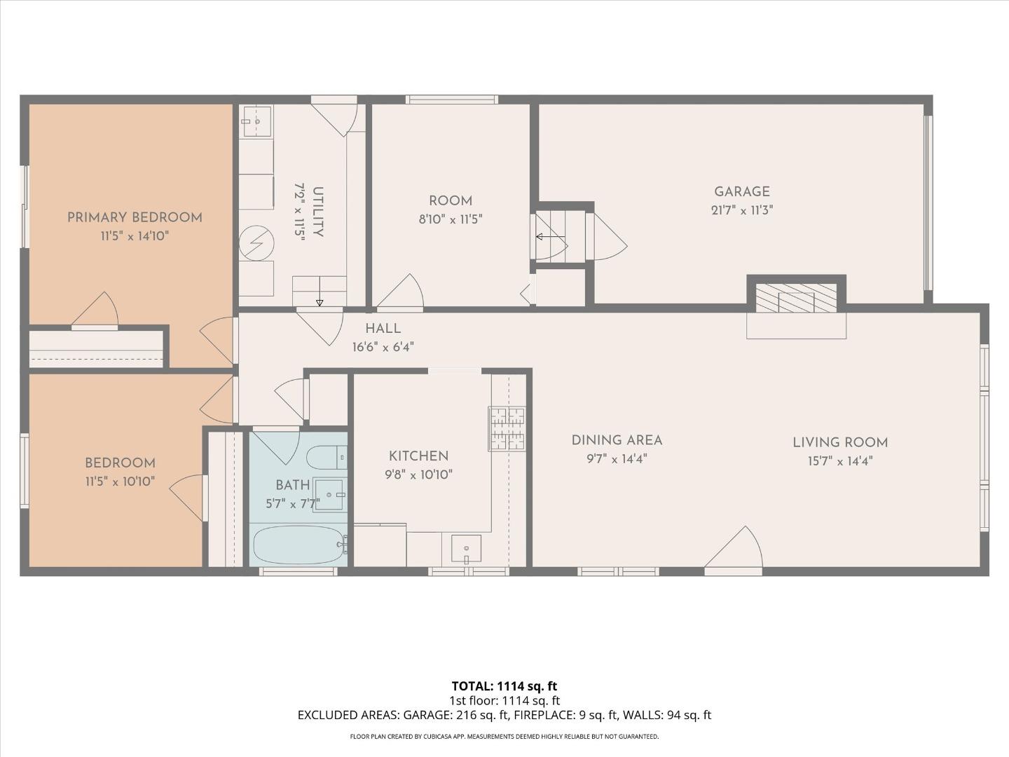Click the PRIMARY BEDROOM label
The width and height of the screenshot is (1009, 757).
(x=135, y=217)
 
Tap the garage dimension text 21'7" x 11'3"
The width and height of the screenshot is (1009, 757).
(x=742, y=210)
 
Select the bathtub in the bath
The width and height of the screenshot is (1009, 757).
(x=298, y=545)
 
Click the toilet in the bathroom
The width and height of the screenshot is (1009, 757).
(x=327, y=457)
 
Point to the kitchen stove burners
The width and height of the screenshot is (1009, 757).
(x=507, y=429)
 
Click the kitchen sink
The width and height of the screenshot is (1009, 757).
(x=466, y=548)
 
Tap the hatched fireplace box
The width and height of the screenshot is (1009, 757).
(x=796, y=299)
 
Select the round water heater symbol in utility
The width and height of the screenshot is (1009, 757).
(x=256, y=243)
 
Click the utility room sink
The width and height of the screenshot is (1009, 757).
(x=257, y=121)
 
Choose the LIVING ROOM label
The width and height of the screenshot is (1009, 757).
(x=840, y=442)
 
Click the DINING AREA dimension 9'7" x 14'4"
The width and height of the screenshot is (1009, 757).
(x=617, y=458)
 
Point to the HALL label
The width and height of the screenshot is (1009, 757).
(x=383, y=329)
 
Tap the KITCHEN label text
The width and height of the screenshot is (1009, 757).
(x=418, y=456)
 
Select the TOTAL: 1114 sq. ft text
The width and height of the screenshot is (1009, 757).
(x=504, y=686)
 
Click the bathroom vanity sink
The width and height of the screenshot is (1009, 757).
(x=329, y=494)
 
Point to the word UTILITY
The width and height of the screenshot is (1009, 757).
(x=317, y=212)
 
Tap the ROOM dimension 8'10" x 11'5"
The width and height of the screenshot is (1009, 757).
(x=450, y=219)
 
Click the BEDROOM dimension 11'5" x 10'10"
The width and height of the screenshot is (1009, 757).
(x=120, y=482)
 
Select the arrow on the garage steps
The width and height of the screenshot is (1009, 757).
(x=550, y=237)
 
